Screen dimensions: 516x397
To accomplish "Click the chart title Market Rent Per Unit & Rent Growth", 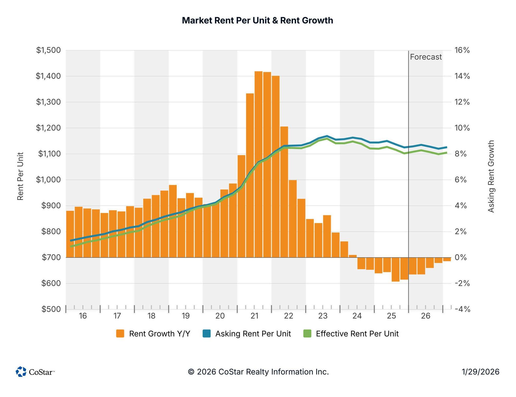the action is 257,20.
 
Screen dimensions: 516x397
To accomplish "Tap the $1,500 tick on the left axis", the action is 48,50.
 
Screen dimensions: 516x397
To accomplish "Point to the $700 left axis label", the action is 51,257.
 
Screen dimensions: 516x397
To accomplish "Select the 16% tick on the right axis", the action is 462,50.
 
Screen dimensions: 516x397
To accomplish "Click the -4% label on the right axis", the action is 462,309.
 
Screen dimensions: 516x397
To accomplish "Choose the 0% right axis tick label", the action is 460,257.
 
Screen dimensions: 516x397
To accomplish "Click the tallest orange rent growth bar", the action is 259,164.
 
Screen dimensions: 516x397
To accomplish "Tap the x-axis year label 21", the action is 254,316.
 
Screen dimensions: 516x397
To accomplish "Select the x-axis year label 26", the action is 426,316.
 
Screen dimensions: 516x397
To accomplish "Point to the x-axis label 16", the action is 83,316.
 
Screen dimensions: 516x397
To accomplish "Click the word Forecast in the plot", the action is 426,57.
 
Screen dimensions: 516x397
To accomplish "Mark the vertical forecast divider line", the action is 408,180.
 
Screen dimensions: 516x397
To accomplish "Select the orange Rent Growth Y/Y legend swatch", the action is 120,333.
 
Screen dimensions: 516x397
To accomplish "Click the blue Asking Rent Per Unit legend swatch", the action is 206,333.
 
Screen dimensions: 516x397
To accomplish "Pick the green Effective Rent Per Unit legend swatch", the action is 308,333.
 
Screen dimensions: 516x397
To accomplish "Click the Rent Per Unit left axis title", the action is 20,176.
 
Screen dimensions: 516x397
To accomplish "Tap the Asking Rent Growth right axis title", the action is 491,176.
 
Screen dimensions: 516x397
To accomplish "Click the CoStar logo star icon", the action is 21,371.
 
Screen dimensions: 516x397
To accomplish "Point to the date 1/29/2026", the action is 481,372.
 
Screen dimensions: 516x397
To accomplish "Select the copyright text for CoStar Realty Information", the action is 258,372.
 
